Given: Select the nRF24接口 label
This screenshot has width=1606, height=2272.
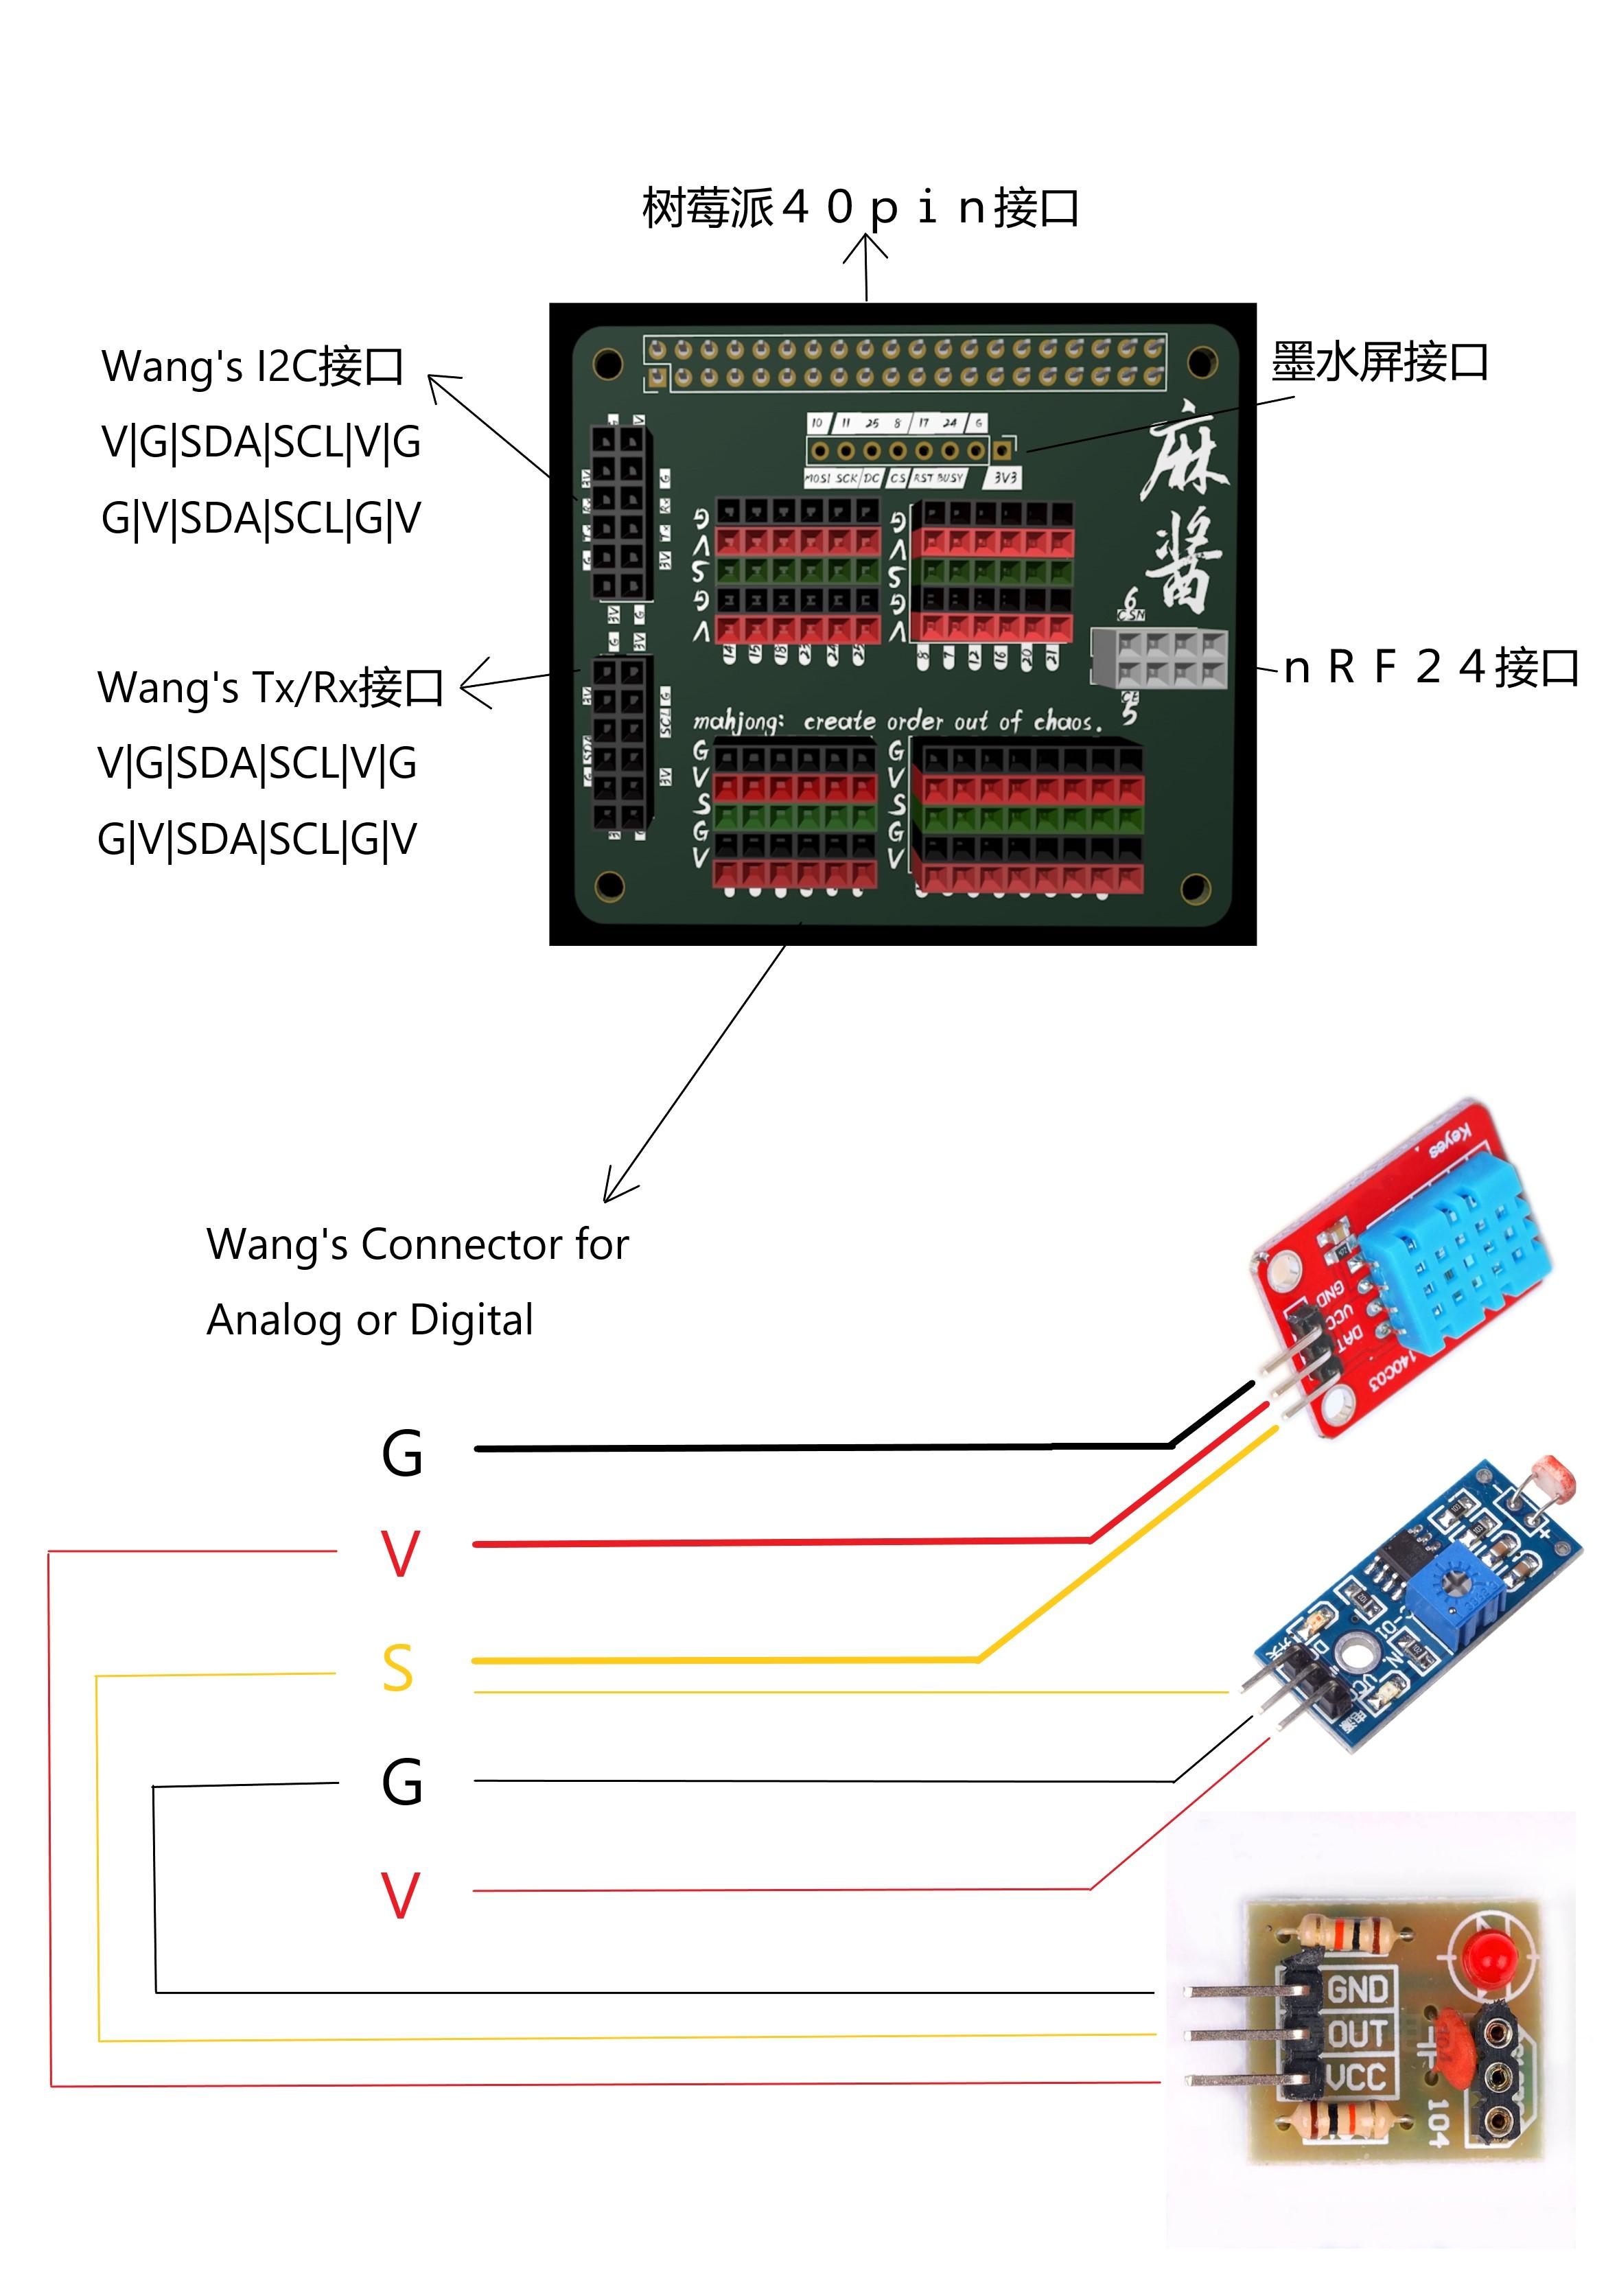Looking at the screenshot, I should pos(1430,667).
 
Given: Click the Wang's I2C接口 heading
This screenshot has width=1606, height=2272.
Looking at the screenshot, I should pos(253,366).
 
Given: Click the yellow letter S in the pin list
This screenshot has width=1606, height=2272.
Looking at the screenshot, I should pos(398,1669).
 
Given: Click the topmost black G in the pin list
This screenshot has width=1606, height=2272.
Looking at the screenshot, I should pos(401,1454).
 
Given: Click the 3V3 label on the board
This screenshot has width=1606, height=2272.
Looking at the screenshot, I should pos(1004,478).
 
